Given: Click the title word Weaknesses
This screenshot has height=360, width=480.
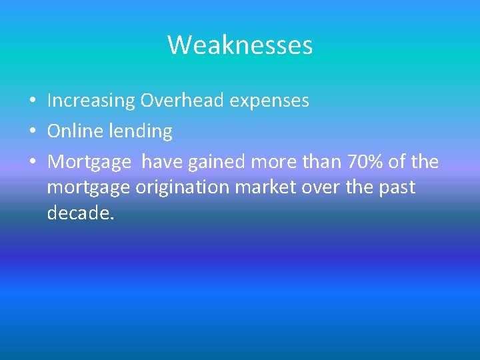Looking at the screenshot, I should click(x=240, y=45).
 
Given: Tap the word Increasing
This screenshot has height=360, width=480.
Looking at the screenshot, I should click(x=91, y=101).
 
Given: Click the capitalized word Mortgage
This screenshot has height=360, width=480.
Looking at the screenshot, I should click(x=89, y=163).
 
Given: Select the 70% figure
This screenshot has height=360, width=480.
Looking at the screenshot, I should click(x=360, y=162).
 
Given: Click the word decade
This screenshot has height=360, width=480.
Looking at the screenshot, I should click(x=81, y=213).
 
